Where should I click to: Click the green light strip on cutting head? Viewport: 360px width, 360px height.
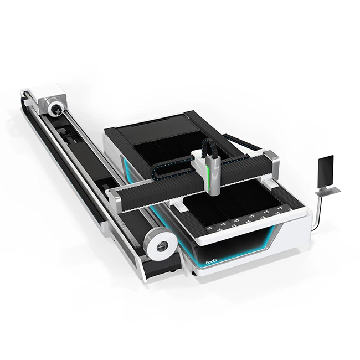(x=207, y=172)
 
